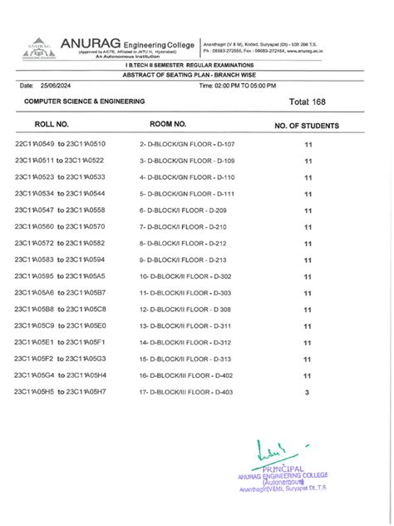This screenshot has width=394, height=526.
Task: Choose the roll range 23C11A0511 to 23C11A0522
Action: click(59, 161)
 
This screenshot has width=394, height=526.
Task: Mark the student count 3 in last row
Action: click(307, 392)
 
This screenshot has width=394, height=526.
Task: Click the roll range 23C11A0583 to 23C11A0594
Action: click(59, 260)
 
